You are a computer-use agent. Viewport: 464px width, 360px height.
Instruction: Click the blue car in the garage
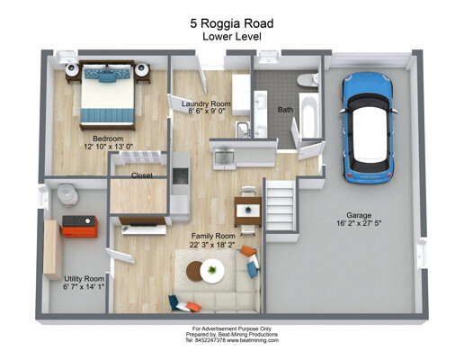click(x=369, y=128)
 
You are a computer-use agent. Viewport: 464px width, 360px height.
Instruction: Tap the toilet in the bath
click(x=308, y=80)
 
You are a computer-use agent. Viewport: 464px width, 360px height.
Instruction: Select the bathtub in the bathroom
click(x=308, y=116)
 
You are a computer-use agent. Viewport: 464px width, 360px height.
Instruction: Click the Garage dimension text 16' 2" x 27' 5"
click(x=359, y=223)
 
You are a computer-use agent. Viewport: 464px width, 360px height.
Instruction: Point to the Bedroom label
click(x=108, y=139)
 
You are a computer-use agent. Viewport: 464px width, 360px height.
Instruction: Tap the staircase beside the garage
click(x=281, y=205)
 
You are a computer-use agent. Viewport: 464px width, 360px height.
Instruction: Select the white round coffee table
click(x=212, y=271)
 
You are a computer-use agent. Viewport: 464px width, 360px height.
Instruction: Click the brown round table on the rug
click(x=193, y=271)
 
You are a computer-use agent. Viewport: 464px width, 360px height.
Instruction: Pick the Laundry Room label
click(x=206, y=103)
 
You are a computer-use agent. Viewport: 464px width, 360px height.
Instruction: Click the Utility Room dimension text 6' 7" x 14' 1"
click(x=84, y=286)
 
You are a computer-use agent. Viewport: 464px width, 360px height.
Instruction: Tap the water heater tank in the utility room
click(x=67, y=195)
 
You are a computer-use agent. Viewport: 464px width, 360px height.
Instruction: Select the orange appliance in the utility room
click(x=80, y=227)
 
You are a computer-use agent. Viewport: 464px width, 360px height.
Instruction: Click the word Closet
click(x=142, y=175)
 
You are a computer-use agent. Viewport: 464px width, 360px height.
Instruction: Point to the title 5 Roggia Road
click(x=232, y=23)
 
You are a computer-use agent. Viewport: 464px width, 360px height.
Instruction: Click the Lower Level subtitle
click(x=232, y=37)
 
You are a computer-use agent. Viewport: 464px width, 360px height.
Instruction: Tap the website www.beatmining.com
click(x=253, y=340)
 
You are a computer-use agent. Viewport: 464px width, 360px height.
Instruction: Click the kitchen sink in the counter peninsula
click(x=224, y=158)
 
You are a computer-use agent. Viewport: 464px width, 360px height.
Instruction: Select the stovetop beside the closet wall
click(x=181, y=175)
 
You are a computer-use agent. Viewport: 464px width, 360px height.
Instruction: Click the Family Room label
click(x=213, y=236)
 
